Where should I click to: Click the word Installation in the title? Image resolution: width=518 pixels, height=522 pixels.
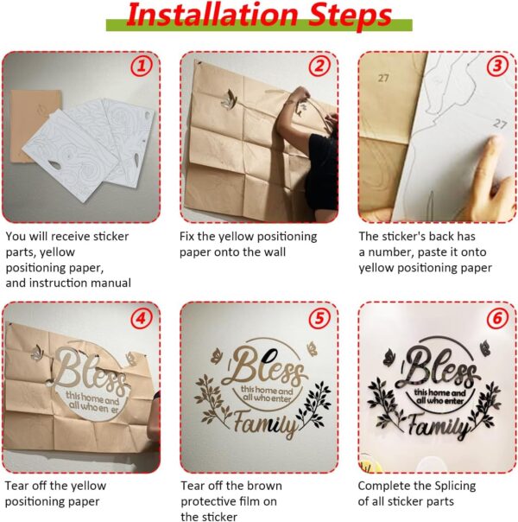point(212,15)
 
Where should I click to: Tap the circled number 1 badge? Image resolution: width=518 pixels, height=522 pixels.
point(142,66)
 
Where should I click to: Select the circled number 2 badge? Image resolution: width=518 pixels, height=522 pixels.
point(319,66)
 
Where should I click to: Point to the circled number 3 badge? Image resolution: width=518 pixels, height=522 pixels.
point(497,66)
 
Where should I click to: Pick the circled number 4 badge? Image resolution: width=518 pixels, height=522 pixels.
point(142,318)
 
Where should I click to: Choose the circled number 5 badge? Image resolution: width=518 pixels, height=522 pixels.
point(319,318)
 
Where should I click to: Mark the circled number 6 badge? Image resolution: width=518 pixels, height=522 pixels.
point(497,318)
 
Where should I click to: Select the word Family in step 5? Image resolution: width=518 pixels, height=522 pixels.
point(265,423)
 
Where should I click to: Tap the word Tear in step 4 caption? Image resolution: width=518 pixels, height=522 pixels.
point(16,486)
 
